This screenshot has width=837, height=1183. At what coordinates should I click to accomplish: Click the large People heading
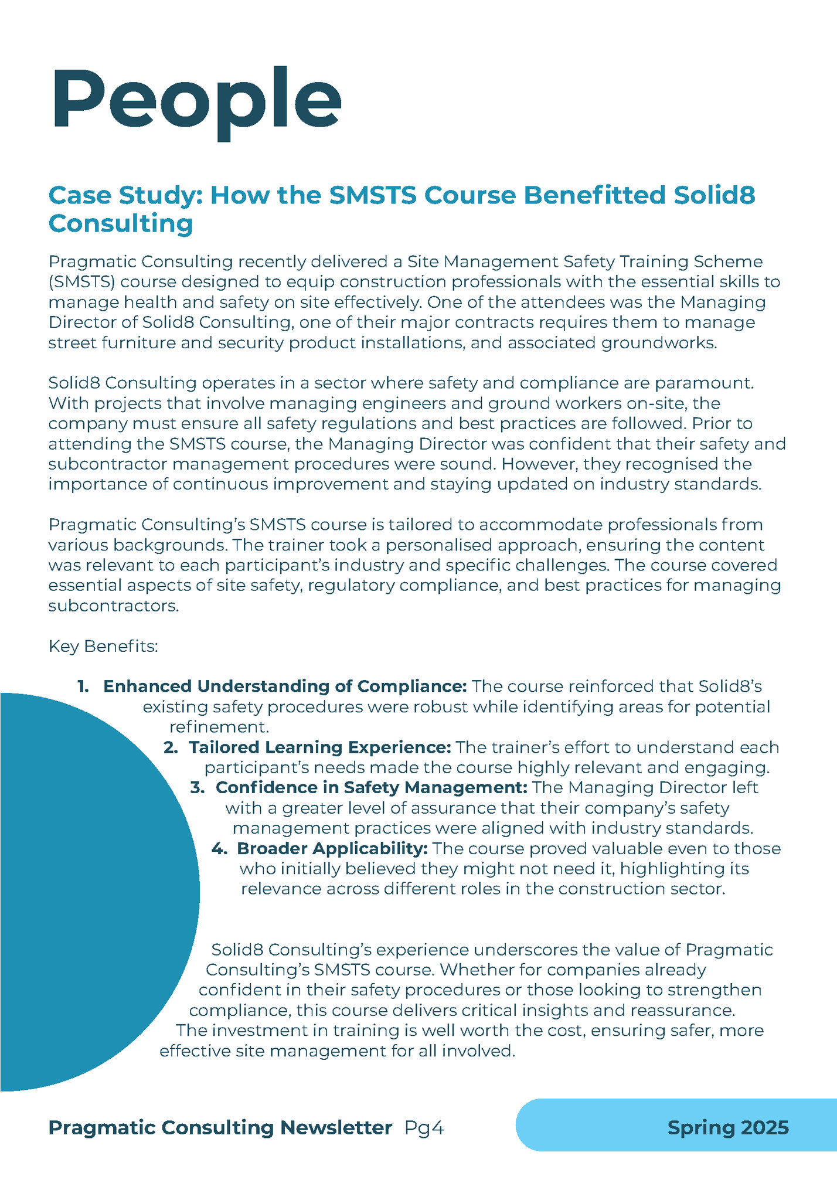click(196, 100)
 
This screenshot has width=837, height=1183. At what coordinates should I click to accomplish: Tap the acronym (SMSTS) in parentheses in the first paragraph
click(83, 282)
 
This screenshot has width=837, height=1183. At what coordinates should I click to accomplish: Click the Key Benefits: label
click(103, 647)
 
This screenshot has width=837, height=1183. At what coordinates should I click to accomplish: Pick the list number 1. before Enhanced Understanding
click(83, 686)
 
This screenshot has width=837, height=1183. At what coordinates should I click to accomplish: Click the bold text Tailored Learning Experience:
click(319, 747)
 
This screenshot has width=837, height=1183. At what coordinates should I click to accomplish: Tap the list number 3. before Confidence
click(197, 787)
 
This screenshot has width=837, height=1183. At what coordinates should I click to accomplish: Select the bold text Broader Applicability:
click(332, 848)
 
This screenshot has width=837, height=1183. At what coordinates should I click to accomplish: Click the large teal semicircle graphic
click(88, 891)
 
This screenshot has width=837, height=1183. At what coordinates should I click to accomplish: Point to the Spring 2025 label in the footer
click(728, 1128)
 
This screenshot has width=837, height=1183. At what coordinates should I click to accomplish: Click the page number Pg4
click(424, 1128)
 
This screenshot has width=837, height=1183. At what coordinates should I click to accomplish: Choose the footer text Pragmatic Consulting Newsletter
click(220, 1128)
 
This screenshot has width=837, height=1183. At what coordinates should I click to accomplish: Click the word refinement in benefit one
click(218, 728)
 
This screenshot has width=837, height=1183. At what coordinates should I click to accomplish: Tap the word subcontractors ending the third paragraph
click(113, 606)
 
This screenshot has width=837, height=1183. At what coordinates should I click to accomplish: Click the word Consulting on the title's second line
click(120, 223)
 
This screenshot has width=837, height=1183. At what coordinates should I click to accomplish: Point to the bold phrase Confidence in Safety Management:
click(372, 787)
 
